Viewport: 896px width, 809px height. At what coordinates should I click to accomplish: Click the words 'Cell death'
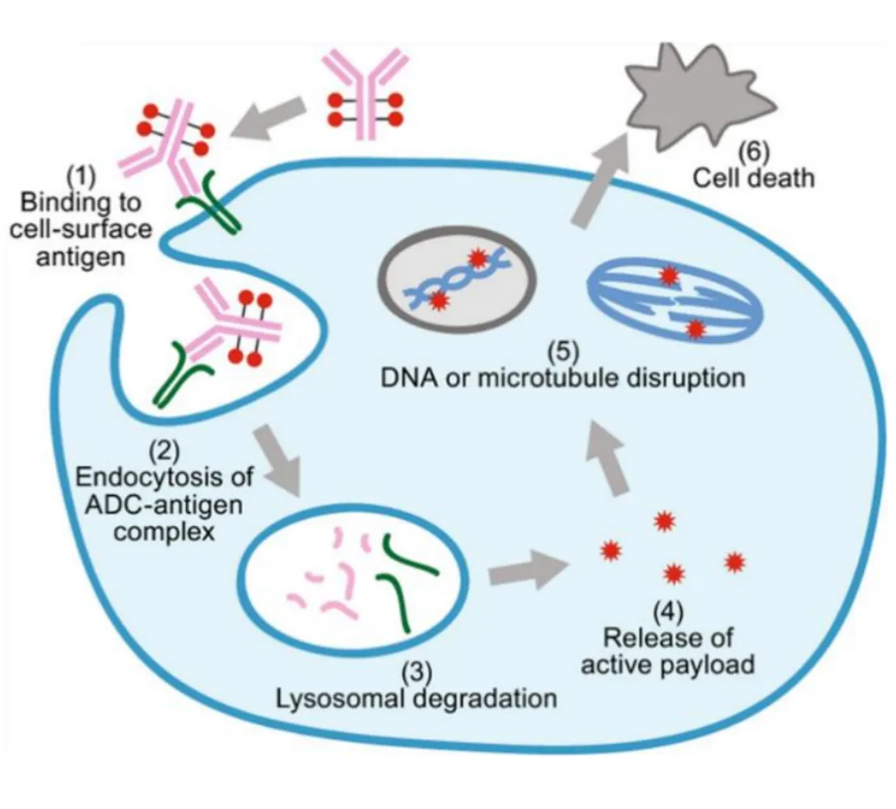click(753, 176)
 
